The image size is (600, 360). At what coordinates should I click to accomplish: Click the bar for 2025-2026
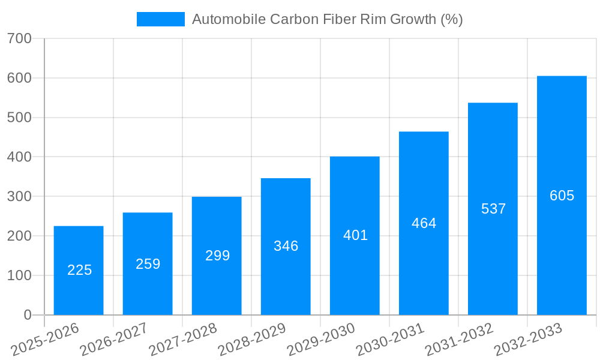(79, 270)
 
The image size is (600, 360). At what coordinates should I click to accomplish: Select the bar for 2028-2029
(286, 246)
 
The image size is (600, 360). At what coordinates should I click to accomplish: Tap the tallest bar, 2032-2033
(562, 195)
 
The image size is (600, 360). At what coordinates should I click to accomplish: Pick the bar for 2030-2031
(424, 223)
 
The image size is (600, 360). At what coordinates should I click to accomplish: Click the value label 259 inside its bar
(148, 264)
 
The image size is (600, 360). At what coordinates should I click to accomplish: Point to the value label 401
(355, 235)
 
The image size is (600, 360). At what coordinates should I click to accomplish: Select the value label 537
(493, 209)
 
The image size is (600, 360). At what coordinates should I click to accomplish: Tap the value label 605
(562, 196)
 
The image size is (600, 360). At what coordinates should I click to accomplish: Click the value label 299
(217, 256)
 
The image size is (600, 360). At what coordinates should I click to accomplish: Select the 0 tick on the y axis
(28, 315)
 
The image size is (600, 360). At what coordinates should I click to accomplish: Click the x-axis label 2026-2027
(114, 339)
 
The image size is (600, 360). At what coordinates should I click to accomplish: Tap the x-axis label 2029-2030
(321, 339)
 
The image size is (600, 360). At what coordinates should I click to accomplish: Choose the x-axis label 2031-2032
(459, 339)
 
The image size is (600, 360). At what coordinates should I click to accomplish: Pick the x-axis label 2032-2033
(528, 339)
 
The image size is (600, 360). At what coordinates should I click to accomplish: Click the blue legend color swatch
(160, 19)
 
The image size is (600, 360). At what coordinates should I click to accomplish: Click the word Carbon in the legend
(293, 19)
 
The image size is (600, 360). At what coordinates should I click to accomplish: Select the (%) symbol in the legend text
(451, 19)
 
